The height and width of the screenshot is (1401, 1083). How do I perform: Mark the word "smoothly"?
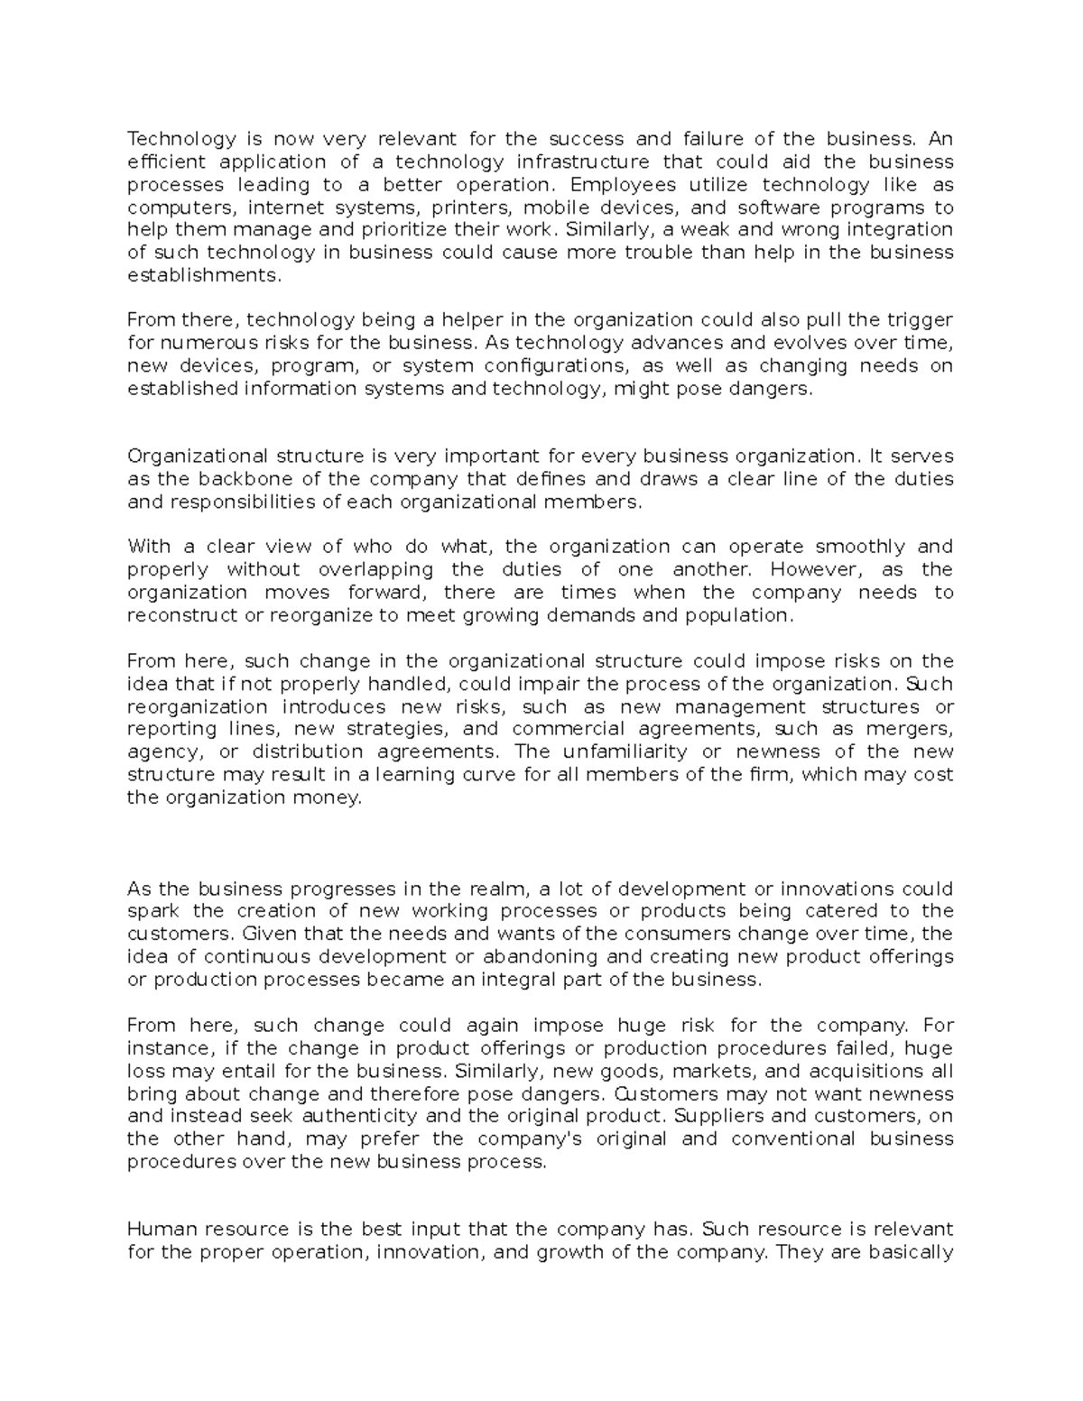tap(859, 547)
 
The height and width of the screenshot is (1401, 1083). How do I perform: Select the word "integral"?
tap(536, 980)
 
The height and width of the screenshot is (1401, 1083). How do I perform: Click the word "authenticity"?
tap(404, 1116)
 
